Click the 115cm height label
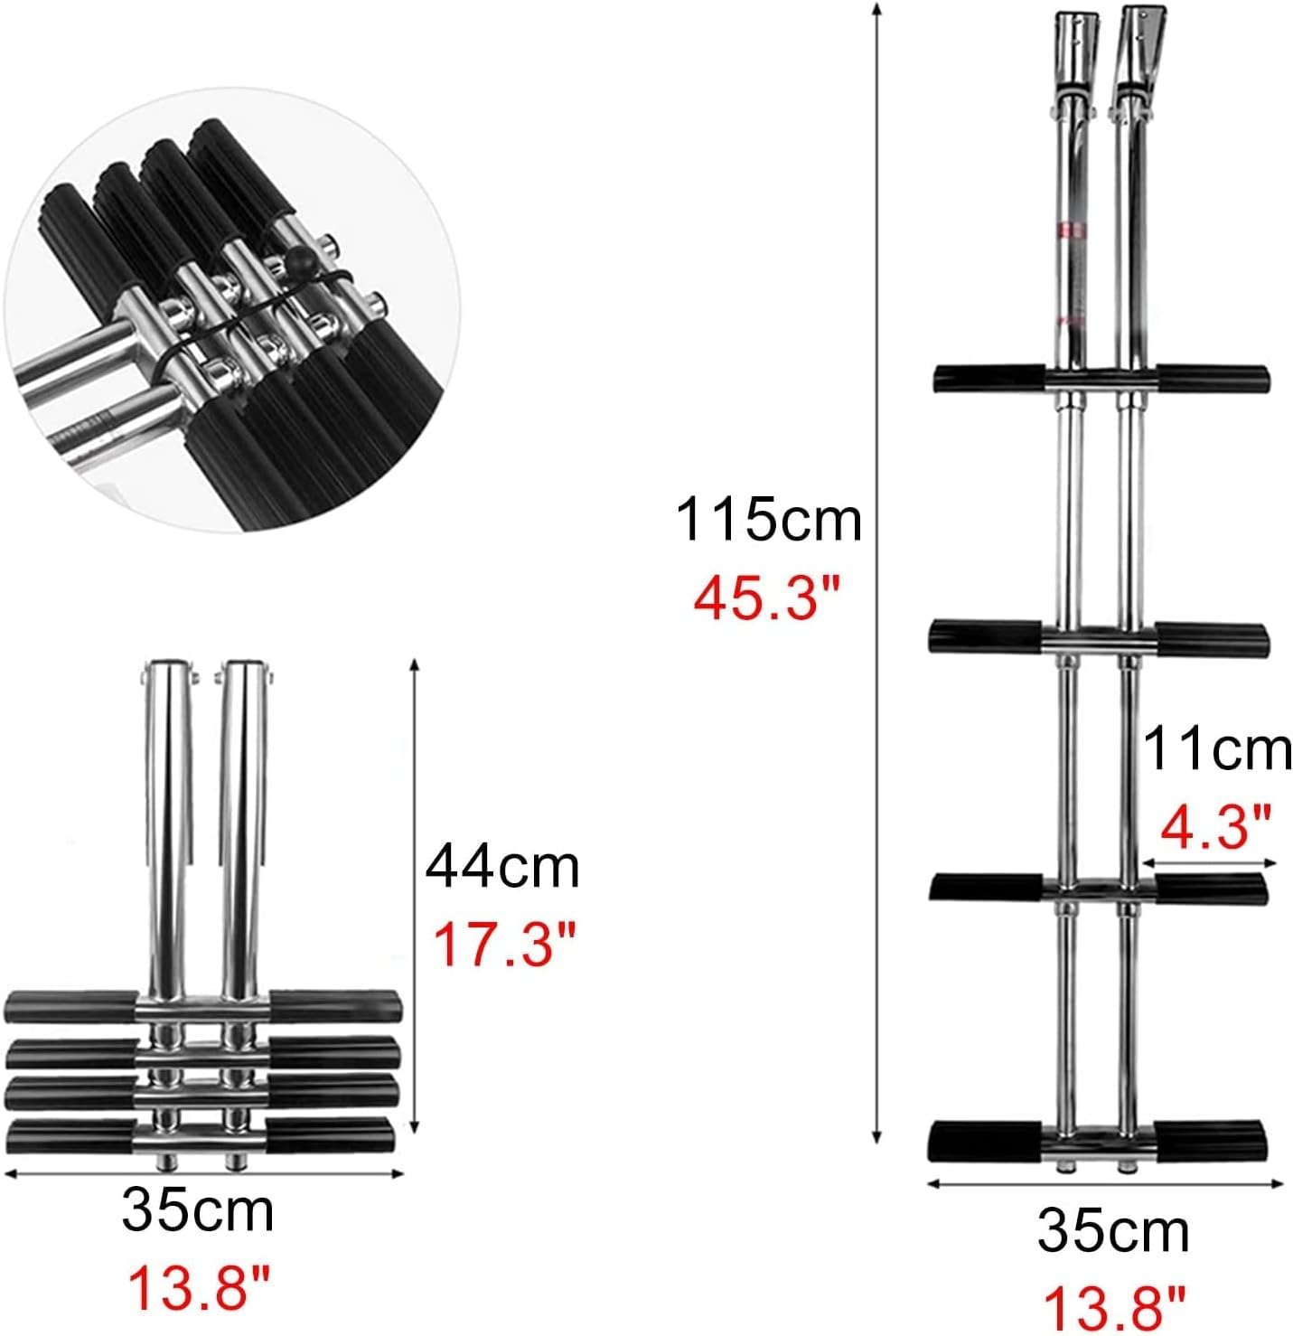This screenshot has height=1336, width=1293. pos(768,520)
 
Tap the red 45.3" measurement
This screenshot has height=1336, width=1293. pos(767,597)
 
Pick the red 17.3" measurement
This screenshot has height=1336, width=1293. pos(503,943)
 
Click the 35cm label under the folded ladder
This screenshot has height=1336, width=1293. pos(198,1210)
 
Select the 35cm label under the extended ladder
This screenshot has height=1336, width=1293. pos(1113,1230)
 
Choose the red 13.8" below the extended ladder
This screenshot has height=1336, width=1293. pos(1113,1308)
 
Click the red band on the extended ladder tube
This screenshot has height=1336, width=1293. pos(1073,230)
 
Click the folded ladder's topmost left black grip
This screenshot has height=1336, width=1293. pos(70,1005)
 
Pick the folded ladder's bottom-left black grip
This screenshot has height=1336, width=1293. pos(70,1135)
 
